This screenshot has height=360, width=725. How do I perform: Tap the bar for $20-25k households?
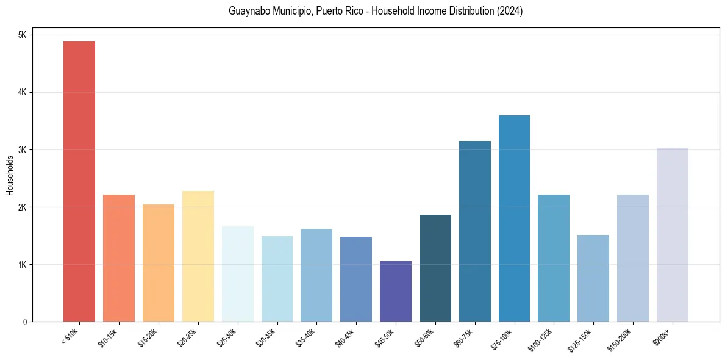click(198, 256)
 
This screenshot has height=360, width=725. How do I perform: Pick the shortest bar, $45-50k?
click(396, 291)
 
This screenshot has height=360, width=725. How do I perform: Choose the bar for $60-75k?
click(474, 231)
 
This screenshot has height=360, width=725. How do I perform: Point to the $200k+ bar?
click(672, 234)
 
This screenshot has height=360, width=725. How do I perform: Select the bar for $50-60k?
click(435, 268)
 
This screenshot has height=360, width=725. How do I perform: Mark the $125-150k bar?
click(593, 278)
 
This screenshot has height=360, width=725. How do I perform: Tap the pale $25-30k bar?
click(238, 274)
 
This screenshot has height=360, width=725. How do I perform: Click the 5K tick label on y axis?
click(23, 35)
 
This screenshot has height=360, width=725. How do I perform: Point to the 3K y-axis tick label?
click(23, 150)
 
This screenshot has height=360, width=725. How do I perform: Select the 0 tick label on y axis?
click(24, 322)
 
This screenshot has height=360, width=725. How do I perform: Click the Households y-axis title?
click(10, 175)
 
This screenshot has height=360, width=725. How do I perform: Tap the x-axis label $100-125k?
click(547, 337)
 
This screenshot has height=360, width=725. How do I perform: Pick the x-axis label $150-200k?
click(626, 337)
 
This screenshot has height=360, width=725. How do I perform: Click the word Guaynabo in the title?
click(247, 11)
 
